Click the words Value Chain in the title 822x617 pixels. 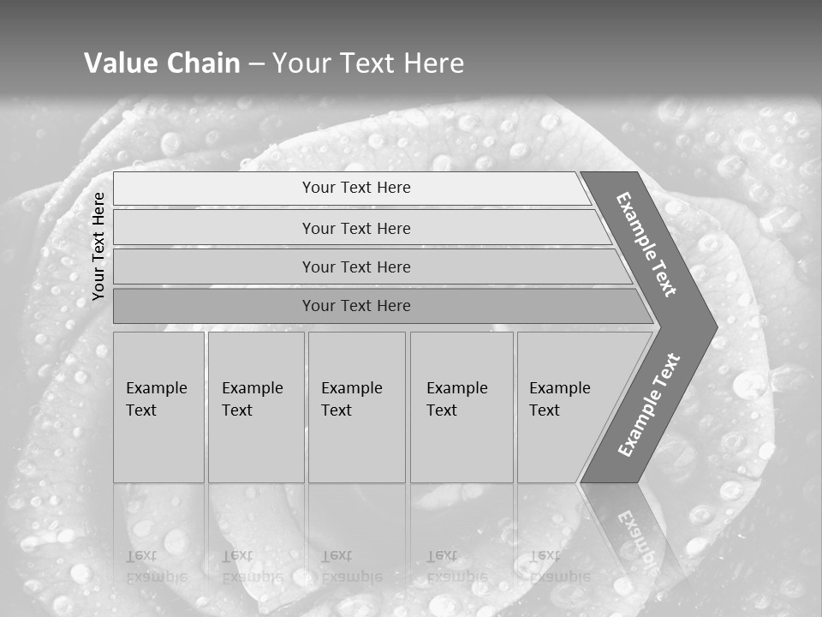pyautogui.click(x=162, y=63)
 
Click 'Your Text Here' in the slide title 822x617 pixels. pyautogui.click(x=368, y=63)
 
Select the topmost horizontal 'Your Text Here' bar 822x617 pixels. pyautogui.click(x=356, y=188)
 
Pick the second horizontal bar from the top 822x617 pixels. pyautogui.click(x=356, y=228)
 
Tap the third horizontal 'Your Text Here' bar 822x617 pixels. pyautogui.click(x=356, y=267)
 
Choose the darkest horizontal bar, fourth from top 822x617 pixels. pyautogui.click(x=356, y=306)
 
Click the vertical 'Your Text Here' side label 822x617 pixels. pyautogui.click(x=98, y=246)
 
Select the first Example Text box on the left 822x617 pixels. pyautogui.click(x=158, y=406)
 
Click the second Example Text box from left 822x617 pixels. pyautogui.click(x=255, y=406)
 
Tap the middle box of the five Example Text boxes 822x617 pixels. pyautogui.click(x=356, y=406)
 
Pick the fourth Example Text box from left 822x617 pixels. pyautogui.click(x=461, y=406)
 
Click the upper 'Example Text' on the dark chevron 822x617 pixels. pyautogui.click(x=646, y=244)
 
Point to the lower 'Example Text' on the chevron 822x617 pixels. pyautogui.click(x=648, y=405)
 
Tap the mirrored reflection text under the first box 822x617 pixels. pyautogui.click(x=156, y=566)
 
